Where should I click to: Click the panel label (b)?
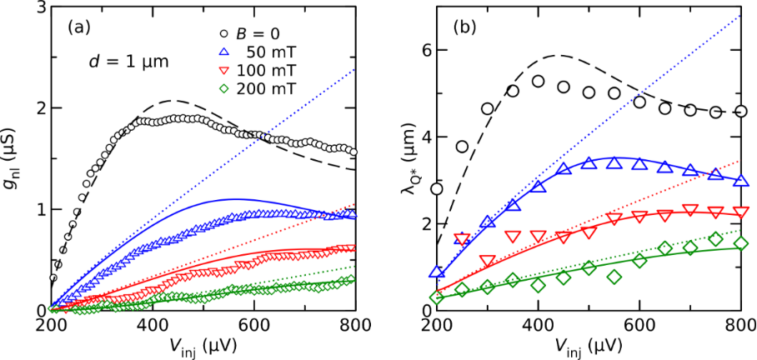(464, 25)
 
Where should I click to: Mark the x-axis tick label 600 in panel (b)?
(639, 324)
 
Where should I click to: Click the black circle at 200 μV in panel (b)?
(437, 189)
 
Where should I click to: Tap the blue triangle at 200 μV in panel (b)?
(437, 272)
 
